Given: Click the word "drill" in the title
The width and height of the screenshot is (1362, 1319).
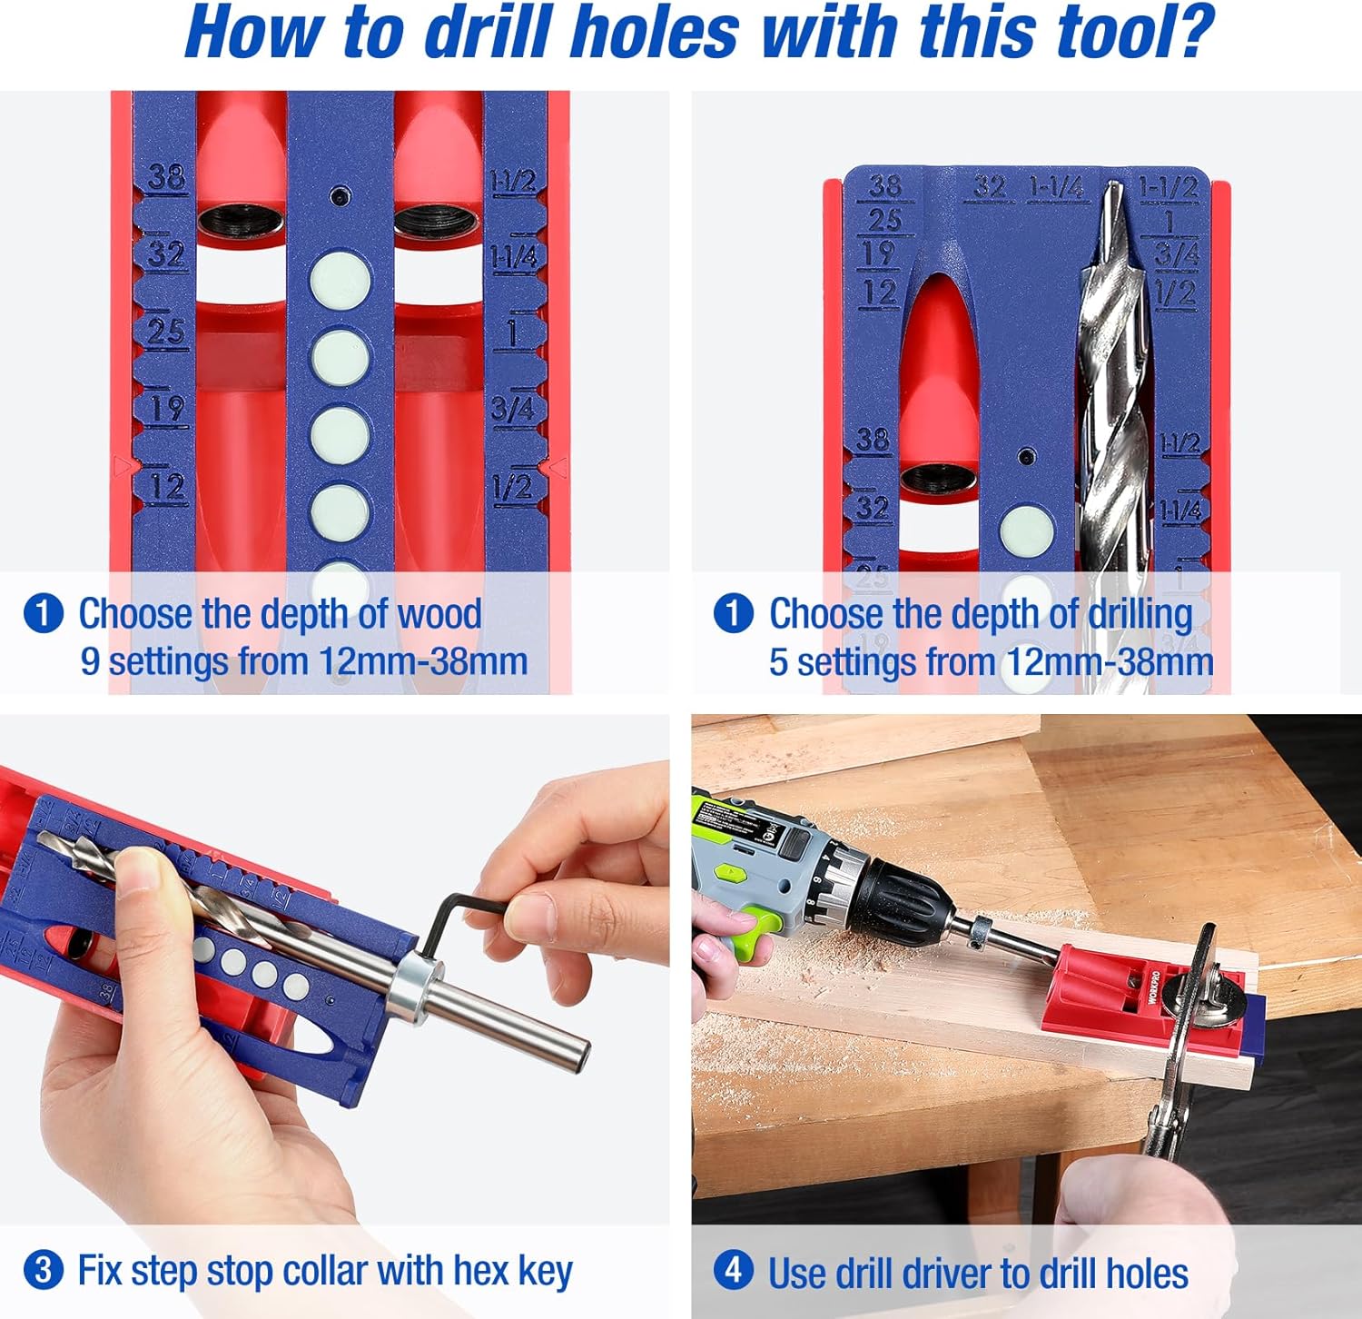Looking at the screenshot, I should pyautogui.click(x=489, y=33).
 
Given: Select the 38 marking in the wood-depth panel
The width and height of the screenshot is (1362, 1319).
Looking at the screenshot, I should pyautogui.click(x=166, y=175).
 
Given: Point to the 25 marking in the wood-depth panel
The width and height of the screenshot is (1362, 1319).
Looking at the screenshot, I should pyautogui.click(x=166, y=331).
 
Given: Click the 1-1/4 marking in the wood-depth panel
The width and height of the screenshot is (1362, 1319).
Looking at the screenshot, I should pyautogui.click(x=514, y=257).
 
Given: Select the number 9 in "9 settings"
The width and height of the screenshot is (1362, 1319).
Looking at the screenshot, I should pyautogui.click(x=89, y=661).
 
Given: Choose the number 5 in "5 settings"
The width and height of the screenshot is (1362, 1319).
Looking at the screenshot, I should pyautogui.click(x=778, y=661).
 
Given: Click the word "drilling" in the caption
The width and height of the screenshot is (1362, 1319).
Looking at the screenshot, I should pyautogui.click(x=1140, y=614).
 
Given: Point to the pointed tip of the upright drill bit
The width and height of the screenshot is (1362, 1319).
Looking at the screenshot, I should pyautogui.click(x=1113, y=189).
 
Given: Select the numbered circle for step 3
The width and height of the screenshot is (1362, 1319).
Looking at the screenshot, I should pyautogui.click(x=43, y=1269).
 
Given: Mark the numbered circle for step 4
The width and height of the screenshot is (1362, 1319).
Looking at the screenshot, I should pyautogui.click(x=733, y=1269).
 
